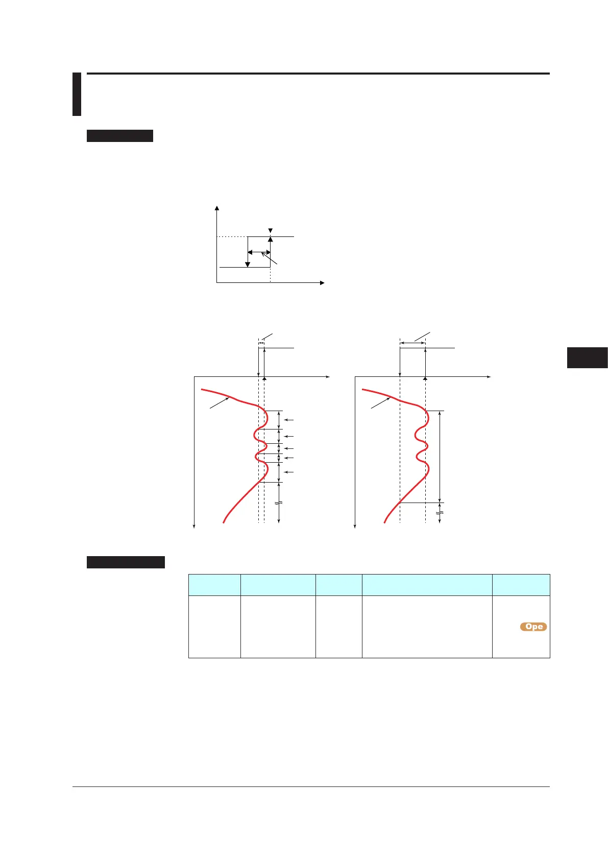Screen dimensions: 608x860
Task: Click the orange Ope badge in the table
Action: click(x=533, y=627)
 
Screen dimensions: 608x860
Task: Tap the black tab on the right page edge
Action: click(x=587, y=357)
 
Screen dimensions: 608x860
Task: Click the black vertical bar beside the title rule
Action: click(x=77, y=94)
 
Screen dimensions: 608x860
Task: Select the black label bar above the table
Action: click(x=126, y=562)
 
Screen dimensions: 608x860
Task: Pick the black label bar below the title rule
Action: click(x=120, y=136)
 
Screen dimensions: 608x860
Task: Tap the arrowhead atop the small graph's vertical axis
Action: click(x=217, y=208)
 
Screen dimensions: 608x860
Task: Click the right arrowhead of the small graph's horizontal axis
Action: click(x=322, y=282)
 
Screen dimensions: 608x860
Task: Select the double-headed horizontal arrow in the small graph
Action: click(x=259, y=252)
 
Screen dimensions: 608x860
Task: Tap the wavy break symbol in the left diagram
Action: click(x=278, y=503)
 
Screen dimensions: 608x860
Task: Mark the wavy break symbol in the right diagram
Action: click(x=440, y=512)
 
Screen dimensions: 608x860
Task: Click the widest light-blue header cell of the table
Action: click(x=427, y=585)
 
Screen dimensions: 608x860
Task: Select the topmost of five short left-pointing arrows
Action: click(x=289, y=420)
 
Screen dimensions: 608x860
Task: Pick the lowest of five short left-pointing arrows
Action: click(x=289, y=472)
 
